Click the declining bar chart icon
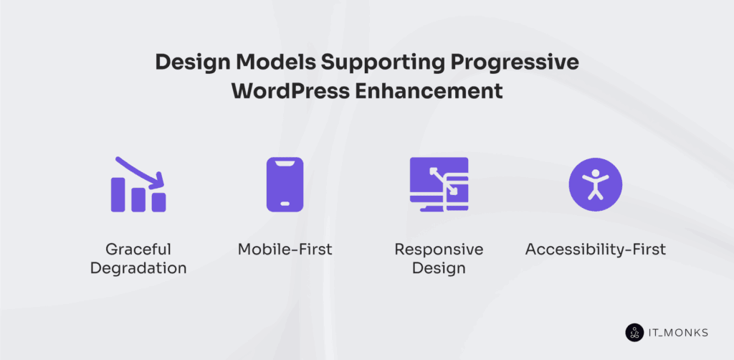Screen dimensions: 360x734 138,184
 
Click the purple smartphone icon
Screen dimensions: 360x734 285,184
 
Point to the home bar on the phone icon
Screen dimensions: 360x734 285,204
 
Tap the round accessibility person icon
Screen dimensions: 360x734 595,184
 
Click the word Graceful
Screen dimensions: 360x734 138,250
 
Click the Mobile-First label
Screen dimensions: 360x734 285,250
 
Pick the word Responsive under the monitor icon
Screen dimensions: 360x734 439,250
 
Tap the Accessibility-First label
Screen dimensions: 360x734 595,250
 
